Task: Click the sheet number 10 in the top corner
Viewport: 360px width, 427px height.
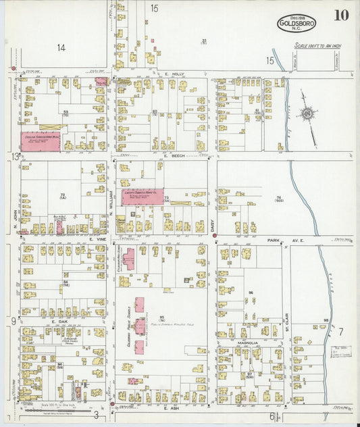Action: pos(340,16)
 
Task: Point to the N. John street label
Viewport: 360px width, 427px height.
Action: pos(16,219)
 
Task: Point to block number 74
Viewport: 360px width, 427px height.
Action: pos(278,198)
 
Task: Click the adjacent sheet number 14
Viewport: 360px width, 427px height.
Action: pos(61,47)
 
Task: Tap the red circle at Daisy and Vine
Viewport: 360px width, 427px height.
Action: pos(214,236)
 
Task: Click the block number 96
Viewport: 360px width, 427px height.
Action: pos(250,293)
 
